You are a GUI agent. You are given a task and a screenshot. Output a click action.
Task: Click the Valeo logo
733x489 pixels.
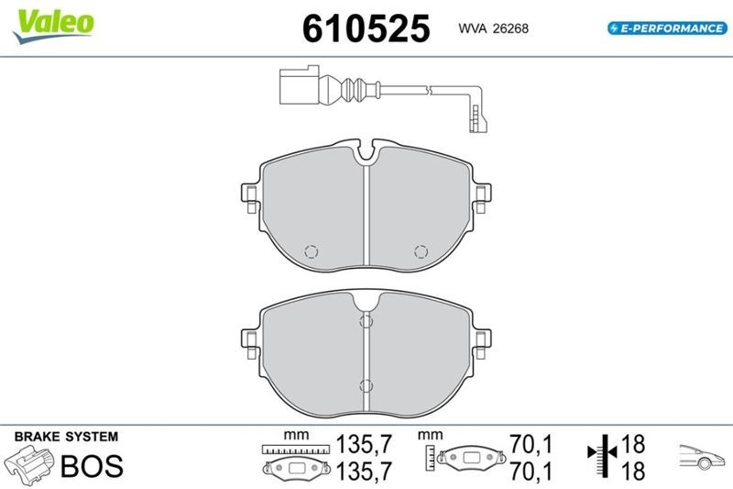(x=54, y=26)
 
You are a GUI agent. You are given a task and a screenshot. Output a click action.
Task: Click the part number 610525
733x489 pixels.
(x=366, y=28)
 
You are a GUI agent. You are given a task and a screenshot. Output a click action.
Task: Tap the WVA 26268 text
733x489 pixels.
(x=493, y=28)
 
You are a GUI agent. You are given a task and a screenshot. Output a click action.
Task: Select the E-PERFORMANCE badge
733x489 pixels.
(x=667, y=28)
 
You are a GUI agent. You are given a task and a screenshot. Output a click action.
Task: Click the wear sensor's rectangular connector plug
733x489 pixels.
(x=300, y=85)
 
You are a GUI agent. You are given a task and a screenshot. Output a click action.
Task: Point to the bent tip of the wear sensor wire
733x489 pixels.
(x=478, y=119)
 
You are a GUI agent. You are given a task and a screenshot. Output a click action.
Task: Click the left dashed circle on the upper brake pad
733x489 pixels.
(x=312, y=251)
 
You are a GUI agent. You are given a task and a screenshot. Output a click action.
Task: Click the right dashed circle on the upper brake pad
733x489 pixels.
(x=421, y=251)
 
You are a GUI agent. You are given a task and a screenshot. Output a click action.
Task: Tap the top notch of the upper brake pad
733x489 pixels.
(x=366, y=152)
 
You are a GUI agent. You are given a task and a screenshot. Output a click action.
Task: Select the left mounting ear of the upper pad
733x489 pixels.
(x=250, y=198)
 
